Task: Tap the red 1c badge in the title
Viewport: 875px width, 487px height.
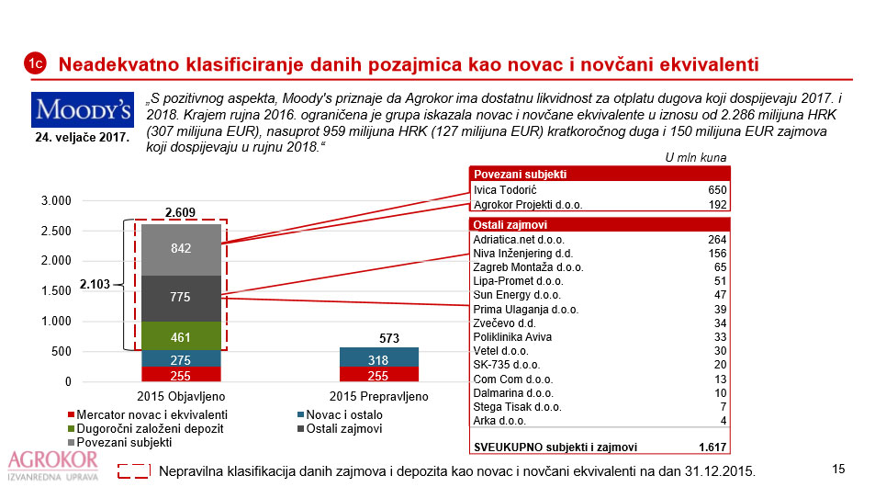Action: click(35, 63)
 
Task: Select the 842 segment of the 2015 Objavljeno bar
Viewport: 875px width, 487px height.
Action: click(181, 247)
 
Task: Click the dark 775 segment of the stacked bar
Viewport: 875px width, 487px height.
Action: click(181, 298)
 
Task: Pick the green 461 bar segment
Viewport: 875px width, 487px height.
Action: click(181, 337)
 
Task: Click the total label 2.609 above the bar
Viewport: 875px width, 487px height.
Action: click(181, 213)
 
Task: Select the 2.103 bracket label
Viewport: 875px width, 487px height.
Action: click(95, 285)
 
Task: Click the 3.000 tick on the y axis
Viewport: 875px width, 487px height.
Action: click(57, 201)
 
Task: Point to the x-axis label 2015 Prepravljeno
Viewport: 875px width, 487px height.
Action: click(378, 396)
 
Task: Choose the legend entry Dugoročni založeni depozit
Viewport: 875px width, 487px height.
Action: click(146, 428)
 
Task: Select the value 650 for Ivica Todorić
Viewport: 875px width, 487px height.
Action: click(717, 190)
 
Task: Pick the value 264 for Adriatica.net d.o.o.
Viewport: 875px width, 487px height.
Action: click(717, 239)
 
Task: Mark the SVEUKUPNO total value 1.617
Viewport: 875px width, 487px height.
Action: click(712, 447)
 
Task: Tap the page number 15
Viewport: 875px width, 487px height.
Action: click(837, 470)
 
